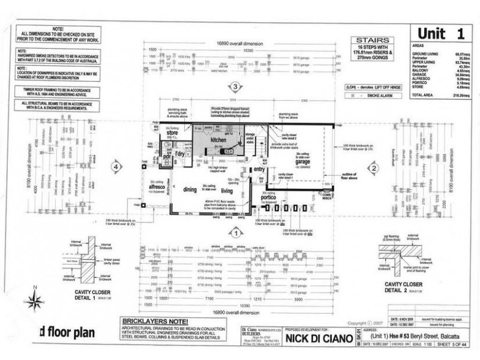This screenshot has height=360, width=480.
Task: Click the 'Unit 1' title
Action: [440, 34]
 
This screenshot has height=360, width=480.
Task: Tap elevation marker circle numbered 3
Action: [236, 86]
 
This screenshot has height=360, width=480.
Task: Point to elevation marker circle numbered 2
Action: [373, 169]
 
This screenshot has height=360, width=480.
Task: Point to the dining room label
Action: [190, 190]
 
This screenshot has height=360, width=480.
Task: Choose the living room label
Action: [226, 190]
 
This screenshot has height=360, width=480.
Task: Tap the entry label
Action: [259, 170]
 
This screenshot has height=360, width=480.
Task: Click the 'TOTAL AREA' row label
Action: [424, 95]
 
